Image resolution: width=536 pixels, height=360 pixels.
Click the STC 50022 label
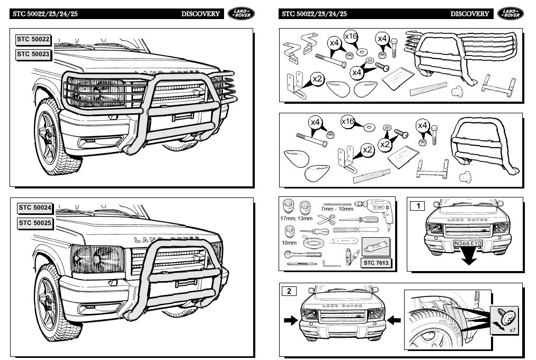tap(33, 40)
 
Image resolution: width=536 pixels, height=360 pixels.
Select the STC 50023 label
tap(33, 55)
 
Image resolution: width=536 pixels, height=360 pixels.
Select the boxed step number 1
tap(417, 205)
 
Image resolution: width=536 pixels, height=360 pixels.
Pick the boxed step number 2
tap(289, 291)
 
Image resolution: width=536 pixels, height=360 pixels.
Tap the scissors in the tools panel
tap(326, 219)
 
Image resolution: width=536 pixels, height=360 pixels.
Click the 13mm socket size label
tap(305, 218)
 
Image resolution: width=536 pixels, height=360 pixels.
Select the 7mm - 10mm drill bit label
tap(337, 209)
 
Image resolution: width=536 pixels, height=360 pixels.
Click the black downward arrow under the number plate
tap(468, 258)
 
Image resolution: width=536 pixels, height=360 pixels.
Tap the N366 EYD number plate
tap(467, 244)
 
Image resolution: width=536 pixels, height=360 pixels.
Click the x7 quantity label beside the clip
tap(512, 330)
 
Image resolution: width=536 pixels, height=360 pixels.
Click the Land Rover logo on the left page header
tap(240, 14)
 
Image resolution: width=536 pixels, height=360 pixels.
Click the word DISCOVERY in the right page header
tap(470, 14)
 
